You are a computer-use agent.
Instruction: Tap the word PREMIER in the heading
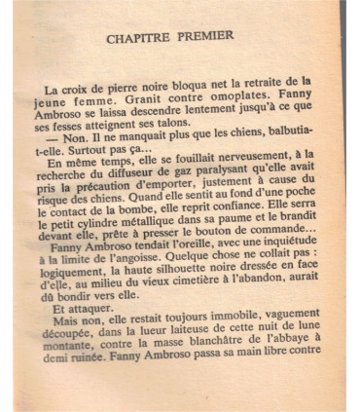(206, 37)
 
